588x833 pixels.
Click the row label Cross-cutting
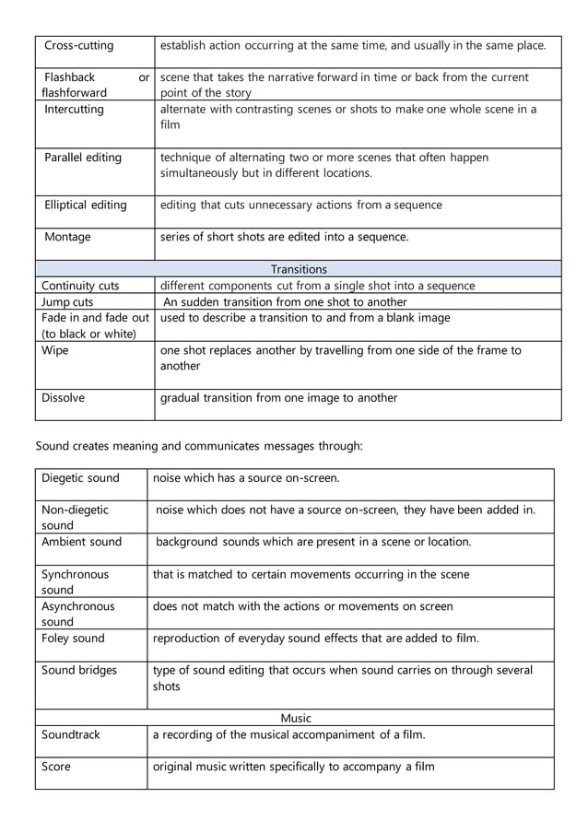(x=79, y=46)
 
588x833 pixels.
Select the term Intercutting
(x=75, y=110)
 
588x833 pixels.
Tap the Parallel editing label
(x=83, y=158)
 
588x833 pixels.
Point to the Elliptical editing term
(x=86, y=205)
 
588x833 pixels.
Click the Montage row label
(x=68, y=237)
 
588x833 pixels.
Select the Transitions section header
(x=299, y=269)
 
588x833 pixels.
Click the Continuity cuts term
(x=80, y=286)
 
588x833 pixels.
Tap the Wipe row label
(x=55, y=350)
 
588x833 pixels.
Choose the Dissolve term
(x=63, y=398)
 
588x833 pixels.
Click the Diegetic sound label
(x=80, y=478)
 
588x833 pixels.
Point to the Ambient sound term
(x=81, y=542)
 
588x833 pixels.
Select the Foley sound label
(x=73, y=638)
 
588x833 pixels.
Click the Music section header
(x=296, y=718)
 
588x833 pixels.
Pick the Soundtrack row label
(x=71, y=734)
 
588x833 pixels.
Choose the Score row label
(x=56, y=767)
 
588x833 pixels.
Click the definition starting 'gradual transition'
(x=279, y=398)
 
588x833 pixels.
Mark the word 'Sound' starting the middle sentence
(x=53, y=446)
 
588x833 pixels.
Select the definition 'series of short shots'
(x=284, y=237)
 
